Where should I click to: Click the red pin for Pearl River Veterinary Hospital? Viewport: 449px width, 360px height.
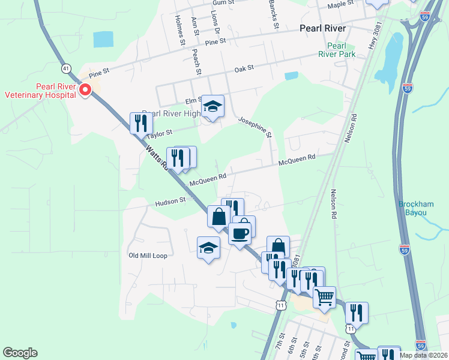pos(85,91)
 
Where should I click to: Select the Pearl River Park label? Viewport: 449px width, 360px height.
pos(341,50)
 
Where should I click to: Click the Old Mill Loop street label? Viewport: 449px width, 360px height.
pos(148,255)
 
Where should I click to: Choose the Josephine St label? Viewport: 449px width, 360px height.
pos(255,125)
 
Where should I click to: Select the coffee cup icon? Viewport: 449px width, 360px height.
pos(240,233)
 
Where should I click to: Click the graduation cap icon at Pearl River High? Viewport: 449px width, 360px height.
pos(212,106)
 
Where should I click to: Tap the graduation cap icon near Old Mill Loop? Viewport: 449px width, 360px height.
pos(208,247)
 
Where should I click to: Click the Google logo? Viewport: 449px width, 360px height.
pos(20,353)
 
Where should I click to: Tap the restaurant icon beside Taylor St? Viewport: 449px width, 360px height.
pos(141,124)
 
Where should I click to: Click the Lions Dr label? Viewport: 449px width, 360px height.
pos(216,23)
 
